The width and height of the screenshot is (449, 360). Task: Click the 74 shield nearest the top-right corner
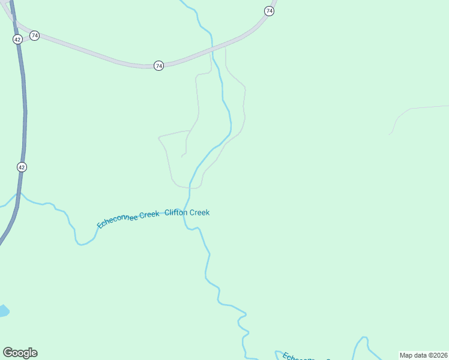270,11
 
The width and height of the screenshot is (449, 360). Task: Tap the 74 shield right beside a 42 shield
35,36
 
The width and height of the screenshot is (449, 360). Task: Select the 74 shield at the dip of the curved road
158,65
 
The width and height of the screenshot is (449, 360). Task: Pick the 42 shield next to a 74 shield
17,39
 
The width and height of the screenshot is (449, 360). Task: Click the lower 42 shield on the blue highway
22,167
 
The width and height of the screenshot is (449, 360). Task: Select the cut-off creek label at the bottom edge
306,356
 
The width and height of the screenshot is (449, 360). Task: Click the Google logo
20,353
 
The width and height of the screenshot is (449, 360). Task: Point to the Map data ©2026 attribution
423,355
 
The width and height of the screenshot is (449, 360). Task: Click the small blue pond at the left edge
3,311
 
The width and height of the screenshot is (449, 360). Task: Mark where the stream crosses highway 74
211,46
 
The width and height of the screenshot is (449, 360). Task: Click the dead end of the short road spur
181,157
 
